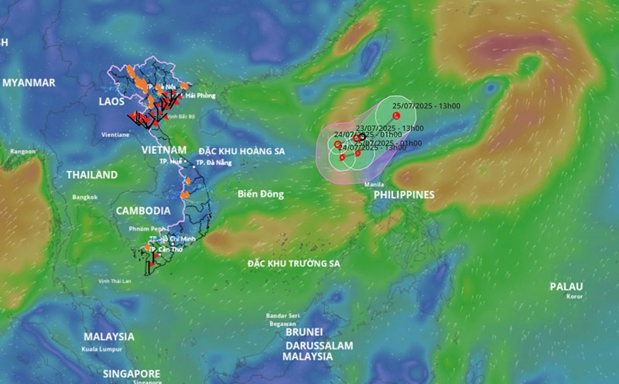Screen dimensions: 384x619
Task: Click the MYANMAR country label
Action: [29, 82]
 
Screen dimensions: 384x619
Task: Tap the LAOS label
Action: [112, 101]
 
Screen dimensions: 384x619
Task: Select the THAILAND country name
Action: [91, 175]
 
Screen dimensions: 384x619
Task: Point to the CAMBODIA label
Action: [143, 211]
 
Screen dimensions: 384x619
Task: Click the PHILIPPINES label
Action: [404, 195]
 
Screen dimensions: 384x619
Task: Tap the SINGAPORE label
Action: [130, 372]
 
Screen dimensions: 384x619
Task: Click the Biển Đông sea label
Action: [262, 193]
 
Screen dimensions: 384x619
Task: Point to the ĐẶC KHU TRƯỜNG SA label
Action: [293, 264]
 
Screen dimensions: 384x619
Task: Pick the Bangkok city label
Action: [86, 197]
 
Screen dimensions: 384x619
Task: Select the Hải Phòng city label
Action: [200, 95]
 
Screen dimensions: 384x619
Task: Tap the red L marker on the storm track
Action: [397, 116]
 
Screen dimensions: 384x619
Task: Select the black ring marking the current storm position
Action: [363, 136]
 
